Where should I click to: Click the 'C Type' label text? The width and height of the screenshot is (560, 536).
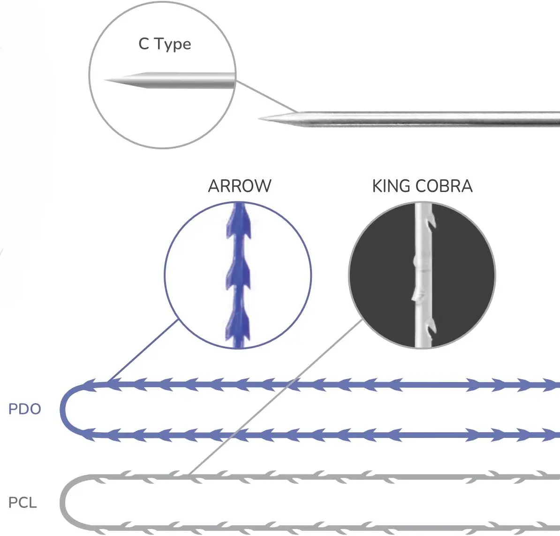click(x=165, y=44)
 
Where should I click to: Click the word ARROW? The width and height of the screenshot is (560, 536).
click(x=239, y=186)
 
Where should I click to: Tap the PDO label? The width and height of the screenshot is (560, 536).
click(x=25, y=409)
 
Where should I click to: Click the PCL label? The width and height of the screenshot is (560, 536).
click(x=23, y=503)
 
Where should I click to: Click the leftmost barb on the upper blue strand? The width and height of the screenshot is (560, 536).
click(x=89, y=385)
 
